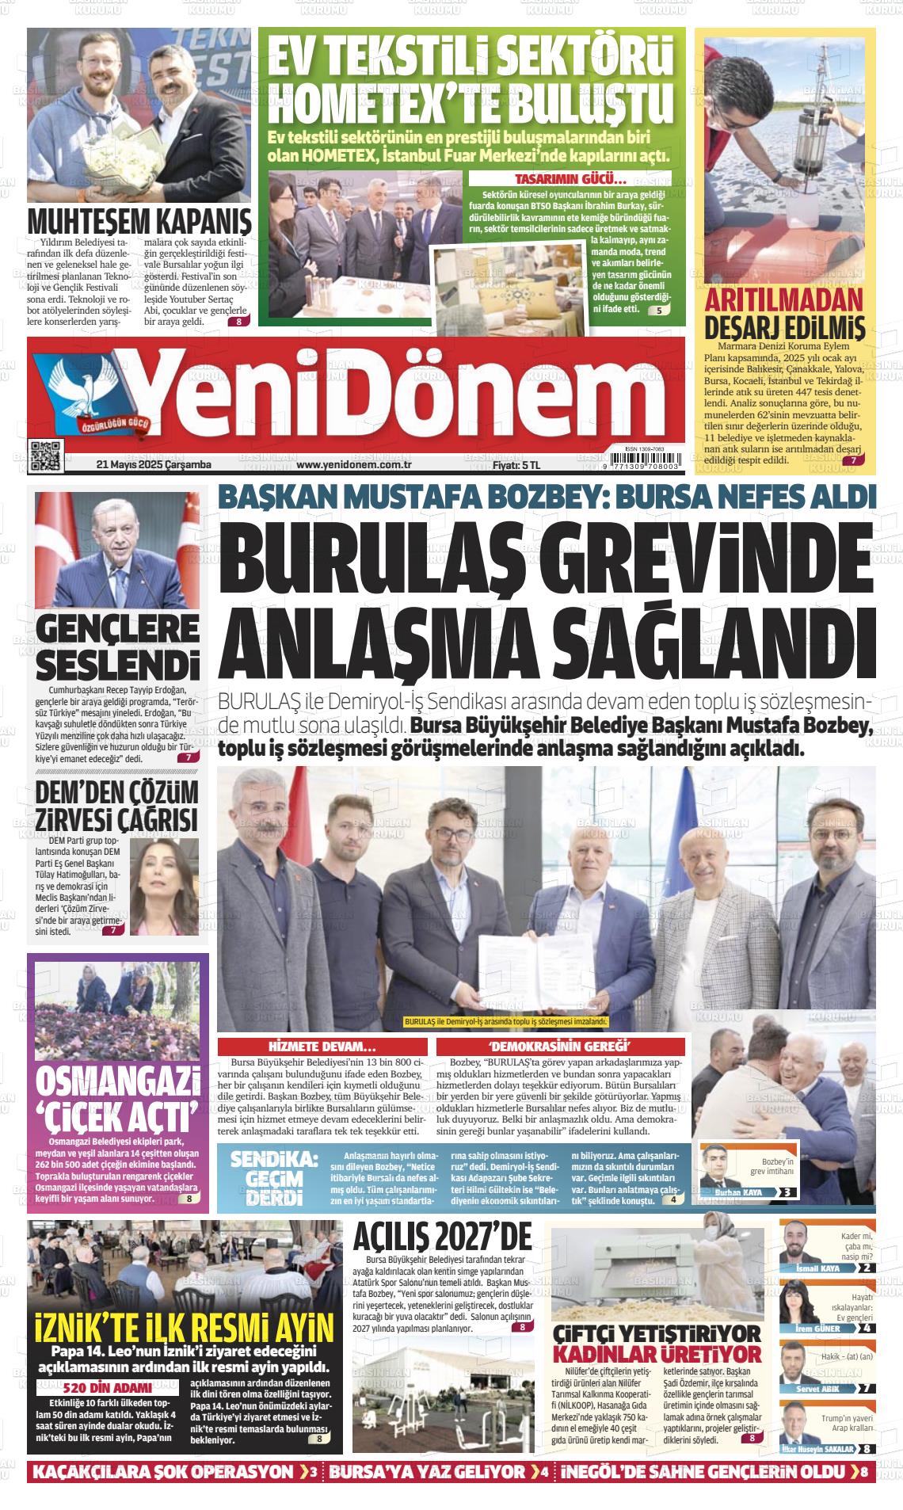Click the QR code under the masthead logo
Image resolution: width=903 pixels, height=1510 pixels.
coord(45,456)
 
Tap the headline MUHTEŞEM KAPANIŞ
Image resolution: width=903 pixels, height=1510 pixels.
coord(139,219)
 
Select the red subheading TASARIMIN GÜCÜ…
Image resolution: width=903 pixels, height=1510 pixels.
coord(570,178)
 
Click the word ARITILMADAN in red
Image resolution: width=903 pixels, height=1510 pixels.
coord(783,301)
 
